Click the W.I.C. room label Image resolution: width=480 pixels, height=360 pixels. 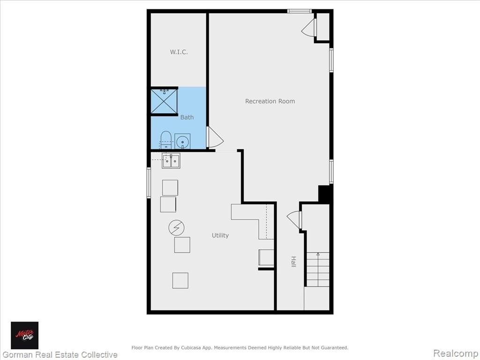pyautogui.click(x=179, y=52)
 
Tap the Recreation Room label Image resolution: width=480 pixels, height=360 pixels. pyautogui.click(x=270, y=101)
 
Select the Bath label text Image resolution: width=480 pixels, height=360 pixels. pyautogui.click(x=187, y=117)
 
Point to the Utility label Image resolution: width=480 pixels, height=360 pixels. pyautogui.click(x=220, y=235)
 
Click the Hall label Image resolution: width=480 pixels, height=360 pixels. pyautogui.click(x=293, y=262)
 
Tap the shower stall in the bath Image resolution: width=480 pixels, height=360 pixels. pyautogui.click(x=164, y=101)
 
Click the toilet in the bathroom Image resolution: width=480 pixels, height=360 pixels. pyautogui.click(x=166, y=140)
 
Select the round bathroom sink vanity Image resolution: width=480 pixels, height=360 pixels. pyautogui.click(x=182, y=142)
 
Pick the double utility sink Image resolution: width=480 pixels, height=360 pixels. pyautogui.click(x=171, y=161)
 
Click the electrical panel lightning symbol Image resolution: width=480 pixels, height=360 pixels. pyautogui.click(x=177, y=228)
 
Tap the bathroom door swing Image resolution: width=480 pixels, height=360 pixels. pyautogui.click(x=215, y=137)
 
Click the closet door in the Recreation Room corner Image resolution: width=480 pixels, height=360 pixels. pyautogui.click(x=308, y=28)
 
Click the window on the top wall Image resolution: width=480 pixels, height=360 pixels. pyautogui.click(x=300, y=11)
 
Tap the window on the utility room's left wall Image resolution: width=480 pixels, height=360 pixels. pyautogui.click(x=149, y=183)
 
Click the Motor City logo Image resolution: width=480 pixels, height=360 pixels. pyautogui.click(x=25, y=336)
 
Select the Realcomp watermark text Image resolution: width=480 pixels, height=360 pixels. pyautogui.click(x=456, y=353)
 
